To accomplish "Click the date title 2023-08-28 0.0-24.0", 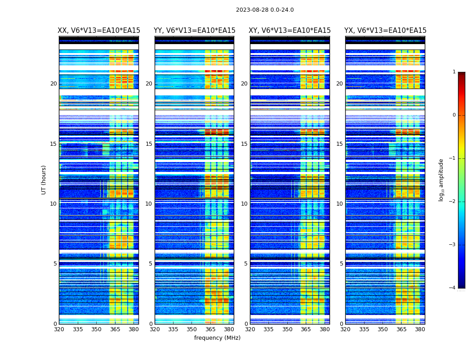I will (x=265, y=10).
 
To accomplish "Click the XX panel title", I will (x=99, y=31).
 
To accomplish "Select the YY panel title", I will (x=194, y=31).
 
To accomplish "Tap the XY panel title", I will (x=290, y=31).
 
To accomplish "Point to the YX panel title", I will (x=385, y=31).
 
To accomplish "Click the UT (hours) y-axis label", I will (x=44, y=180).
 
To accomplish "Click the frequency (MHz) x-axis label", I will (x=217, y=338).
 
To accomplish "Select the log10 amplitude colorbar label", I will (x=441, y=180).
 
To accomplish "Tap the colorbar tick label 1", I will (x=454, y=72).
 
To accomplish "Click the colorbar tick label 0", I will (x=454, y=115).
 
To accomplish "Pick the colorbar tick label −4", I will (x=453, y=288).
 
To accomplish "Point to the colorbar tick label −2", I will (x=453, y=202).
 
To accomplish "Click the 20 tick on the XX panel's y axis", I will (x=53, y=84).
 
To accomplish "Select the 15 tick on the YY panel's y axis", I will (x=149, y=144).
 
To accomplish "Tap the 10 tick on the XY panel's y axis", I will (x=244, y=204).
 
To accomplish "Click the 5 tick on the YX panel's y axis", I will (x=341, y=264).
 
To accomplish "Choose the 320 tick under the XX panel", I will (x=59, y=329).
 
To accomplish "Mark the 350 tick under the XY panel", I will (x=287, y=329).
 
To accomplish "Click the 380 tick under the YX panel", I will (x=420, y=329).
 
